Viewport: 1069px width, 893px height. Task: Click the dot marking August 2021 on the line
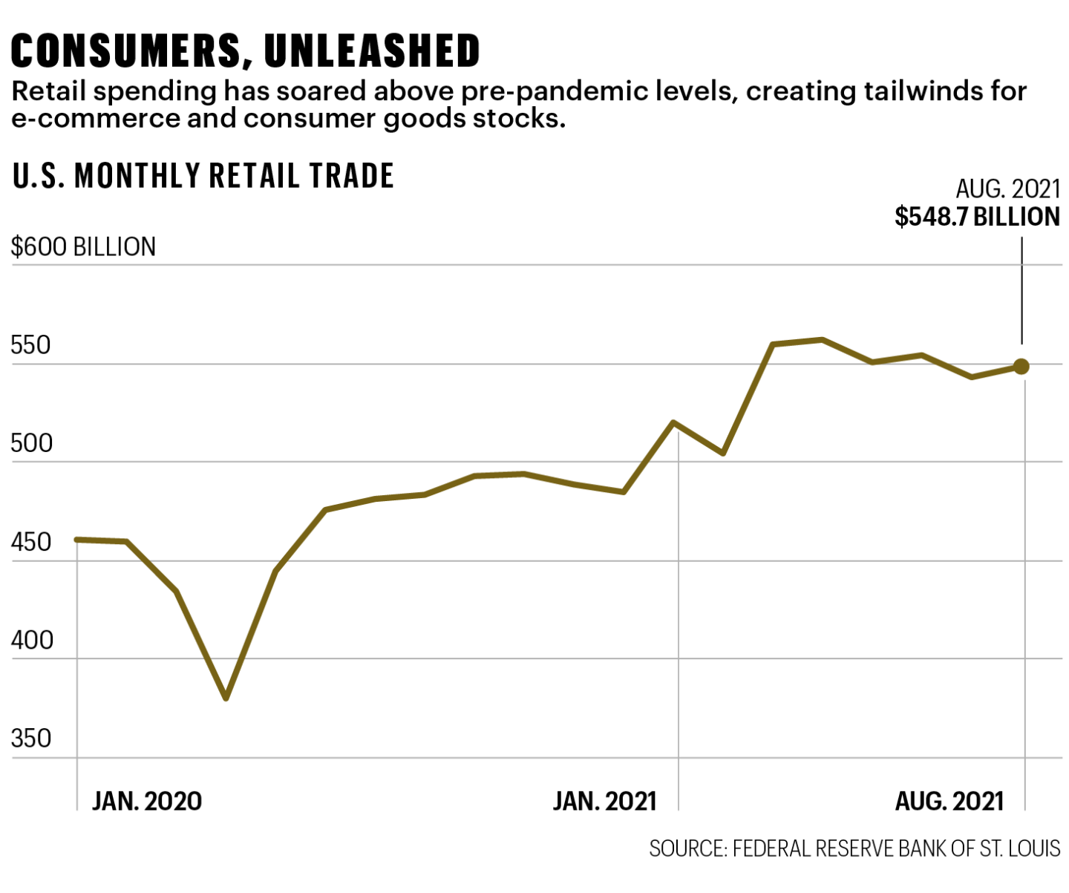click(1021, 366)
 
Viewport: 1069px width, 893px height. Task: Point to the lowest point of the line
click(226, 698)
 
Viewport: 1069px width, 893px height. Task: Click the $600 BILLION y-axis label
click(83, 247)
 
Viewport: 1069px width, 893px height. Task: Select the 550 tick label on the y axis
click(30, 346)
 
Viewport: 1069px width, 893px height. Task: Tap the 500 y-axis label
click(31, 444)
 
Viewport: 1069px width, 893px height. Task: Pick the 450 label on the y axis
click(31, 543)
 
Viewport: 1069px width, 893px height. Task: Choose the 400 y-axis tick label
click(31, 641)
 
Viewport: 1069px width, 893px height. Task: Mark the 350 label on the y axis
click(31, 739)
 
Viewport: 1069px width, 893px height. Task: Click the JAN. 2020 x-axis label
click(147, 802)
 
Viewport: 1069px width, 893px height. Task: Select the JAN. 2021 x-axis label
click(605, 802)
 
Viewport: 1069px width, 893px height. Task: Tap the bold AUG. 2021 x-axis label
click(949, 802)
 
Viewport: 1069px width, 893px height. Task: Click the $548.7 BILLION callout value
click(977, 217)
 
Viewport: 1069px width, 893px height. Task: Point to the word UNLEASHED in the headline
click(372, 51)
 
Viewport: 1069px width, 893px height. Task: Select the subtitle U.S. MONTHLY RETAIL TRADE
click(203, 176)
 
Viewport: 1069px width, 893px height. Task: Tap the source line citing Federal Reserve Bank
click(854, 848)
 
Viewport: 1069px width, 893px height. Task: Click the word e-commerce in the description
click(96, 119)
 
